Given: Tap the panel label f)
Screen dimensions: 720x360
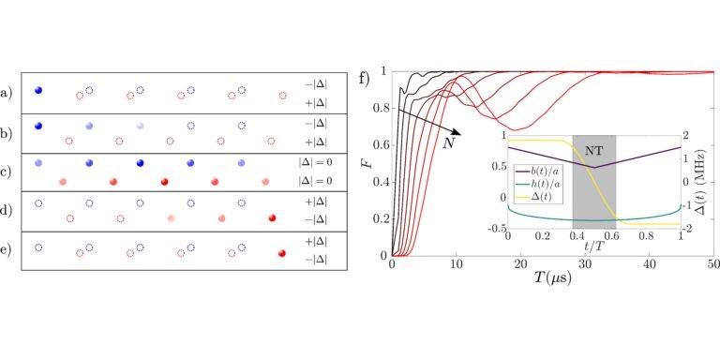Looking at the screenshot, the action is [365, 78].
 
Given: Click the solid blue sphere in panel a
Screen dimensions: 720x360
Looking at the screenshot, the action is [38, 90].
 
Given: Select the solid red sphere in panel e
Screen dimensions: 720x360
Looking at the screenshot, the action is [282, 253].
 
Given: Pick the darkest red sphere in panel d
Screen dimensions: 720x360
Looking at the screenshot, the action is [272, 217].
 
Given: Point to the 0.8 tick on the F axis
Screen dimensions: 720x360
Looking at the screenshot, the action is [382, 109].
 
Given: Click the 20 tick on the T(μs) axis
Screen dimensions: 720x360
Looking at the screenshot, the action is [520, 263].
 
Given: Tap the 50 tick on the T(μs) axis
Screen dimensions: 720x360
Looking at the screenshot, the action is [713, 263].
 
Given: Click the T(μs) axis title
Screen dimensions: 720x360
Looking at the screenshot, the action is [552, 277].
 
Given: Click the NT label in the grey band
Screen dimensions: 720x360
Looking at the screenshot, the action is [593, 149].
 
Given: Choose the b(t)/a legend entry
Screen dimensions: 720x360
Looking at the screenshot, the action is [537, 172].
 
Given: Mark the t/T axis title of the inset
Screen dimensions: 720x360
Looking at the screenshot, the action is [594, 247].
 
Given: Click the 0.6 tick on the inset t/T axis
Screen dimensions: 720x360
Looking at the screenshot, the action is [611, 235].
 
